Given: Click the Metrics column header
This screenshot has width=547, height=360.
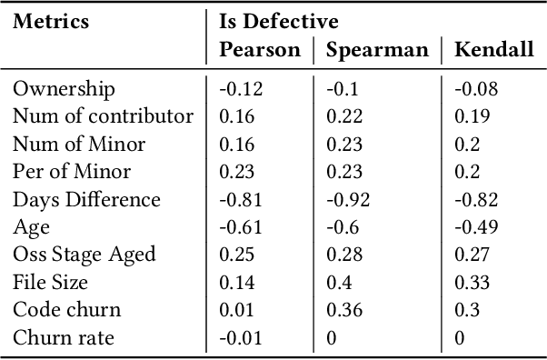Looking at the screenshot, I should [x=51, y=22].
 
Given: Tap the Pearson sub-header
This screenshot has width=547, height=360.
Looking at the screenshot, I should [x=259, y=50].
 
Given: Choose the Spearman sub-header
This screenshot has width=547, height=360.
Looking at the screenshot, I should [x=377, y=50].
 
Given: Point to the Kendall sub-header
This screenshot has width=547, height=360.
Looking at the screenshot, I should [x=494, y=50].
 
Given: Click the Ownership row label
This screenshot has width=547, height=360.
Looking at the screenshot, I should [x=64, y=89].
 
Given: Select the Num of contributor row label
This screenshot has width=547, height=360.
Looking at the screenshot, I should [x=103, y=116].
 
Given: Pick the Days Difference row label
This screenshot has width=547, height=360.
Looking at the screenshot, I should [x=86, y=200].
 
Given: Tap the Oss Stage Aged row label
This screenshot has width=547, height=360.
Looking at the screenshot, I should [x=84, y=255].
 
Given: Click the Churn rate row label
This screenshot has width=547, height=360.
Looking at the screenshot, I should [x=63, y=338].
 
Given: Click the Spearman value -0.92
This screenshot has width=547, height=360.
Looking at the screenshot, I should [x=349, y=200].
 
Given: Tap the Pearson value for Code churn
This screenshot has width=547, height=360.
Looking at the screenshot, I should [x=235, y=311].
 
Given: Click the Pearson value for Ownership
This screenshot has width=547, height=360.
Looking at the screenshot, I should [x=239, y=89].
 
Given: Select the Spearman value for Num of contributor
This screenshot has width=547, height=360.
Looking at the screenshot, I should [x=344, y=116].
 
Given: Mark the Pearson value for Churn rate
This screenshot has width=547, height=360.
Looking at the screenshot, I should [x=239, y=338].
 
